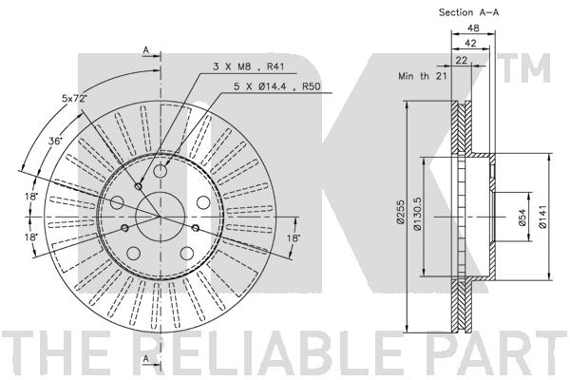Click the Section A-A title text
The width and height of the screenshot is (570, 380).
[x=468, y=12]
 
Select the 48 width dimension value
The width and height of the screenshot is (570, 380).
[x=473, y=28]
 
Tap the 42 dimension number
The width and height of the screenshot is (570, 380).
[x=470, y=44]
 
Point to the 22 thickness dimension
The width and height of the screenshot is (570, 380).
[x=462, y=60]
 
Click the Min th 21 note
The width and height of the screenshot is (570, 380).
[x=423, y=76]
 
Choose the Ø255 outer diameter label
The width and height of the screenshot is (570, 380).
[x=400, y=212]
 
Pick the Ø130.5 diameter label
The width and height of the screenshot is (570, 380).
[x=417, y=214]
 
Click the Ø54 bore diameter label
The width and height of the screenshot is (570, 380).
[x=522, y=218]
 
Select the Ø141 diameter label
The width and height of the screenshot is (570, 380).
[x=542, y=217]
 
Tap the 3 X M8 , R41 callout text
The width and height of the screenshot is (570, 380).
[x=248, y=66]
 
